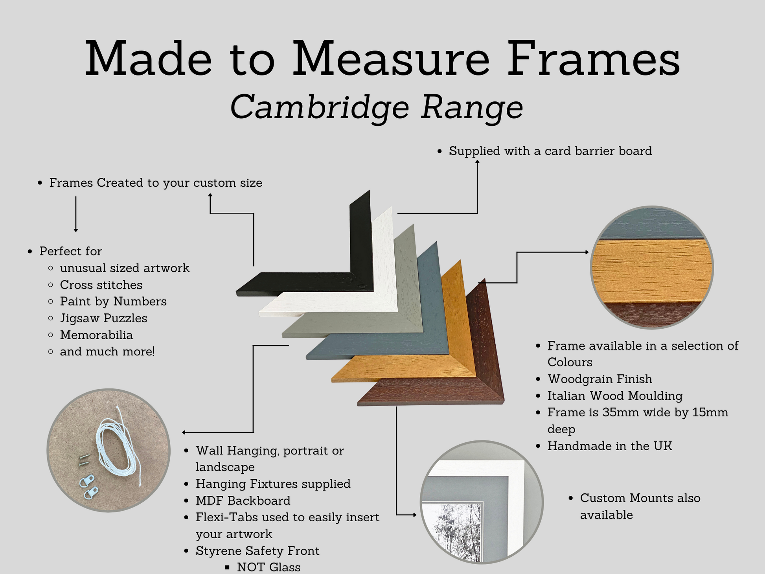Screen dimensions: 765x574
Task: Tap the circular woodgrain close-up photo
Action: [x=652, y=267]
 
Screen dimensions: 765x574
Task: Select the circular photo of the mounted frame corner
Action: [x=482, y=502]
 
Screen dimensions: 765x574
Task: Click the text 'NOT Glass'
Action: [x=269, y=567]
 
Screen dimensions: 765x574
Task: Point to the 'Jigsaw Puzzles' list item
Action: [x=103, y=318]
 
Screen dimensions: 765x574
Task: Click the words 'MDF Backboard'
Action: [x=243, y=500]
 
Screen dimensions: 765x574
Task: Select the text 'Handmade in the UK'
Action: [x=610, y=446]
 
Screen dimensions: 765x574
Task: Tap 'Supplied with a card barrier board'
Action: [x=550, y=151]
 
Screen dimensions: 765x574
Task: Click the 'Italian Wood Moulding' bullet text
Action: [x=615, y=396]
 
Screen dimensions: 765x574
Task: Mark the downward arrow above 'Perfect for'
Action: [x=76, y=214]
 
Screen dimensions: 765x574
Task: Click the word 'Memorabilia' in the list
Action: [x=96, y=335]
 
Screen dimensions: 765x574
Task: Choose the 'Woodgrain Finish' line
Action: [x=600, y=379]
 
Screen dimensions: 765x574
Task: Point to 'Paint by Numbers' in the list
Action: [x=113, y=302]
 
